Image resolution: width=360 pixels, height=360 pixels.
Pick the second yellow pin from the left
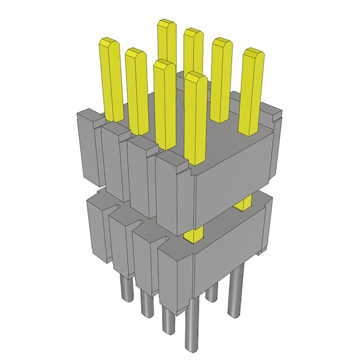tap(136, 84)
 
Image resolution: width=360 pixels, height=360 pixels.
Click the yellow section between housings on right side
tap(243, 204)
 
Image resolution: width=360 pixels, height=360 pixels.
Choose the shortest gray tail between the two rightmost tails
tap(211, 292)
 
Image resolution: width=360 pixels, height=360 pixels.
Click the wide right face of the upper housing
tap(233, 183)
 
